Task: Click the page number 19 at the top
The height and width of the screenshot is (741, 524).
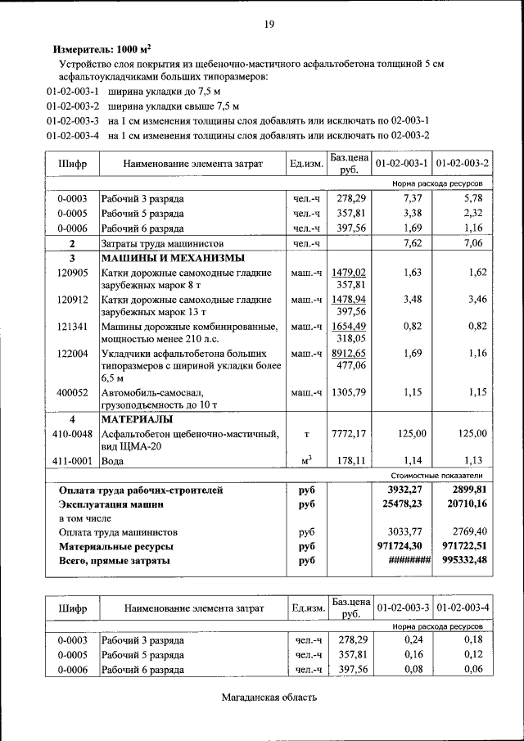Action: (x=269, y=24)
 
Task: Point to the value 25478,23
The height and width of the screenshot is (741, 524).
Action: (x=404, y=504)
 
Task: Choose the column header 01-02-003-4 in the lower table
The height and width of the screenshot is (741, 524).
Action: (x=463, y=608)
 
